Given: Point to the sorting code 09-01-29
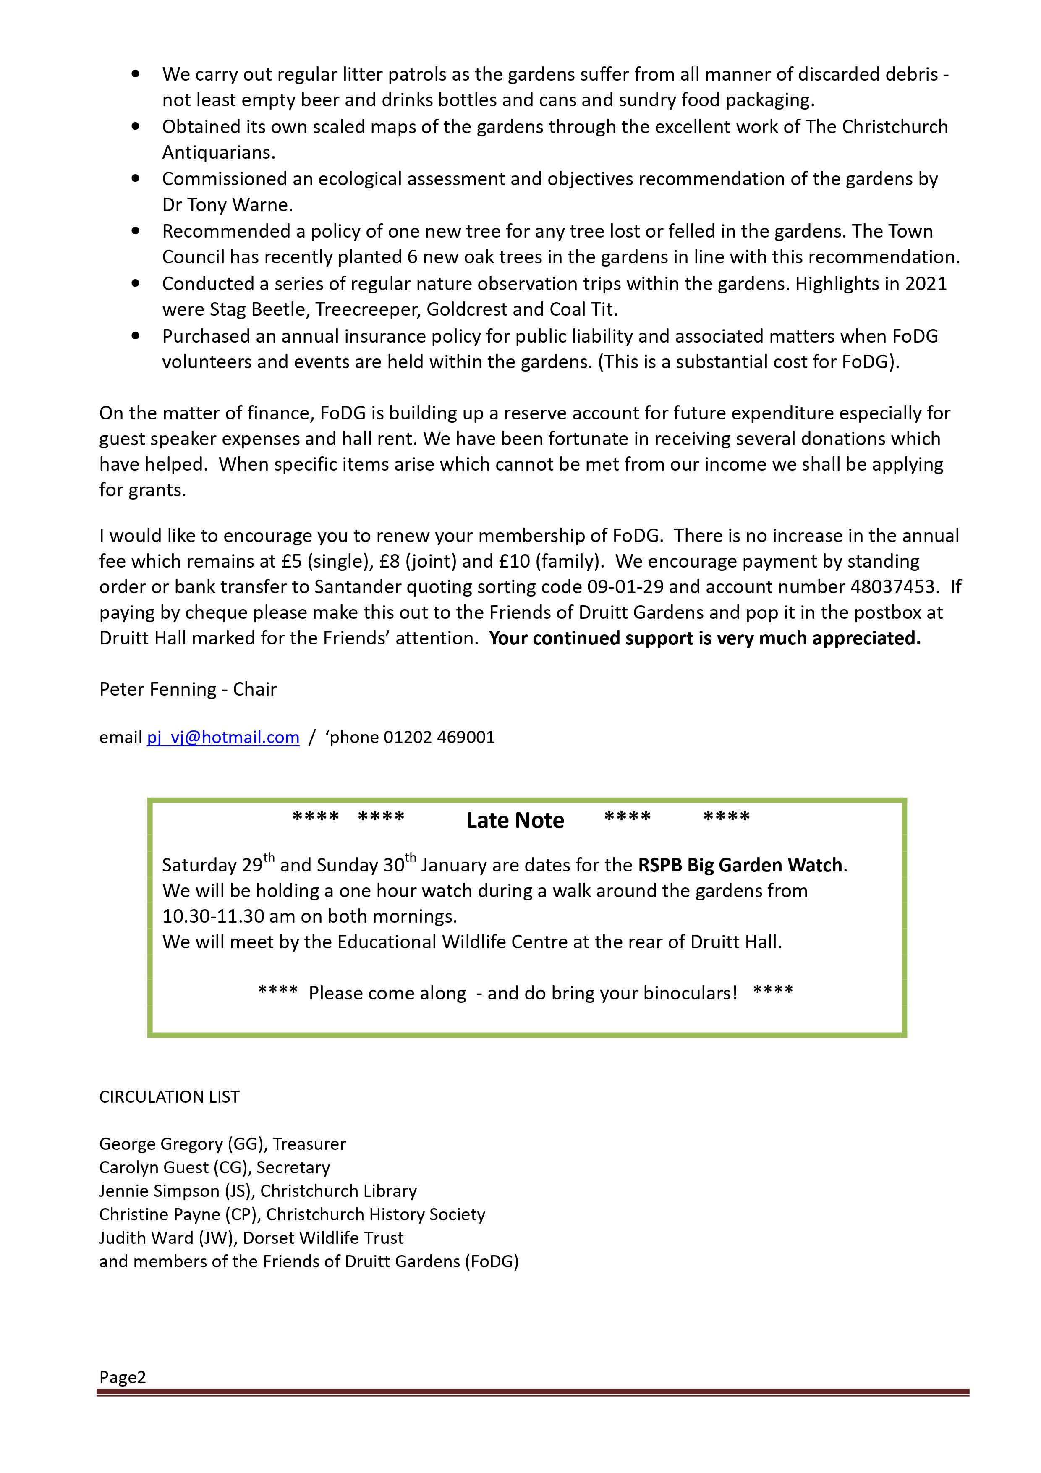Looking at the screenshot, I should click(x=625, y=586).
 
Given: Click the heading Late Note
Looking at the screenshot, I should click(x=515, y=821).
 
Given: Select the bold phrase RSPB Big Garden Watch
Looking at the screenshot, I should click(x=740, y=865).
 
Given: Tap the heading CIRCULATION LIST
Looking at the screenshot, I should click(x=169, y=1096).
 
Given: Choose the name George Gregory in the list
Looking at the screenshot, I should click(x=152, y=1144).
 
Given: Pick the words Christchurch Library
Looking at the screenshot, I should click(x=338, y=1191).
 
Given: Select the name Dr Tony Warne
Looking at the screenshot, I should click(x=227, y=205).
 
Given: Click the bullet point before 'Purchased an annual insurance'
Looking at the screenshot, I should click(x=135, y=335).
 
